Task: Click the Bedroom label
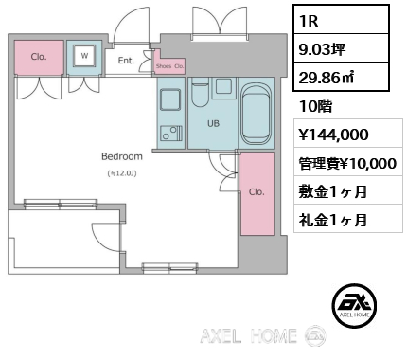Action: [122, 156]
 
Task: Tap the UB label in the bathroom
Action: [213, 124]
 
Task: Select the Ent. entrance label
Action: [126, 61]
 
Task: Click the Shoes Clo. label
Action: [169, 66]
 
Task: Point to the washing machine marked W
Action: [84, 56]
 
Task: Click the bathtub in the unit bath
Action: [257, 113]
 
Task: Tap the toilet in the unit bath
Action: [200, 92]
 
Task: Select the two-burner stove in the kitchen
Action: [170, 133]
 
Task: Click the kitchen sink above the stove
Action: [170, 99]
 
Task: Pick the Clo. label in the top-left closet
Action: [39, 57]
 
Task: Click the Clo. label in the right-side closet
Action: [257, 192]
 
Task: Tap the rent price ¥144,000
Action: [333, 134]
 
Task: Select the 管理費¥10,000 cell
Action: [348, 163]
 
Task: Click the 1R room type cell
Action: [341, 20]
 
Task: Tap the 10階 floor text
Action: [315, 106]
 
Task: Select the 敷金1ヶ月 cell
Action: [348, 190]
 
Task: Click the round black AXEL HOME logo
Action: [354, 305]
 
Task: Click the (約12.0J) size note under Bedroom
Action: [122, 173]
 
